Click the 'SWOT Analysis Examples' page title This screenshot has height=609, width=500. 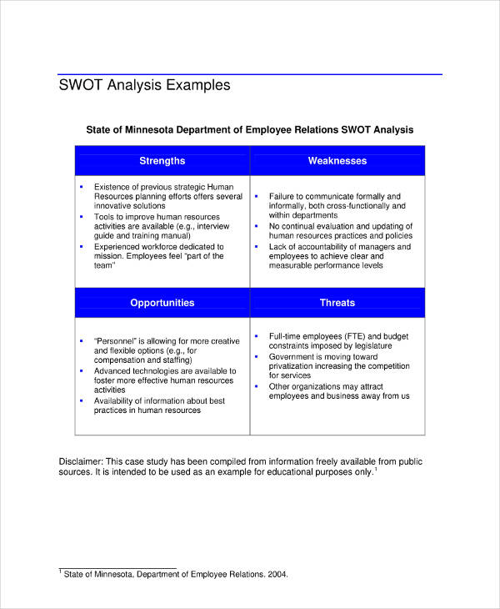(x=144, y=85)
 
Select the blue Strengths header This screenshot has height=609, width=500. (x=162, y=161)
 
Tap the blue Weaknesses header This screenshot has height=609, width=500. (x=337, y=161)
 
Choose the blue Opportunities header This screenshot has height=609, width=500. (x=162, y=303)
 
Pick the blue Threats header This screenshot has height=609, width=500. (x=337, y=303)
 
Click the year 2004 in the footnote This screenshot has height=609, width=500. (x=276, y=574)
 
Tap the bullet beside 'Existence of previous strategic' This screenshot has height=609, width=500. (x=81, y=187)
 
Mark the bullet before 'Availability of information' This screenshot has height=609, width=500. (x=81, y=400)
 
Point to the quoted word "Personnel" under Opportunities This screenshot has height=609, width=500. (x=121, y=341)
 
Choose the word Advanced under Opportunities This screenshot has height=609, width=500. (x=112, y=371)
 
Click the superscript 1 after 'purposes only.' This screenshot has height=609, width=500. (x=376, y=469)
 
